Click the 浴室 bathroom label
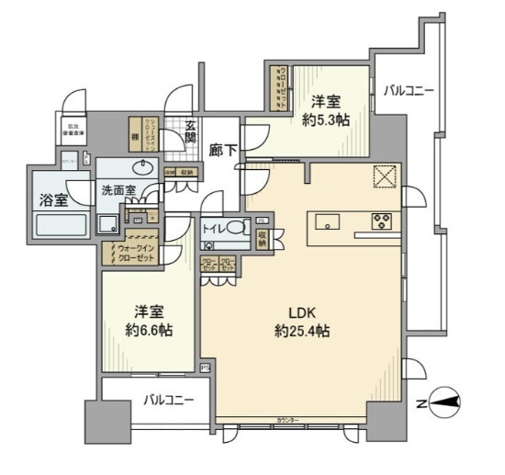[x=53, y=199]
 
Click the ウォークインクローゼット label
[x=134, y=253]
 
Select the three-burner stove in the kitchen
[x=381, y=221]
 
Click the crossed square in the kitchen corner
[x=382, y=175]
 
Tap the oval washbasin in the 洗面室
[x=142, y=168]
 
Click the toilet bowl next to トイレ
[x=236, y=229]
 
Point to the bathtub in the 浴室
[x=61, y=225]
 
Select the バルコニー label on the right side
[x=410, y=91]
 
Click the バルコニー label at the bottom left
[x=168, y=401]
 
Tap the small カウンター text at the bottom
[x=287, y=421]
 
